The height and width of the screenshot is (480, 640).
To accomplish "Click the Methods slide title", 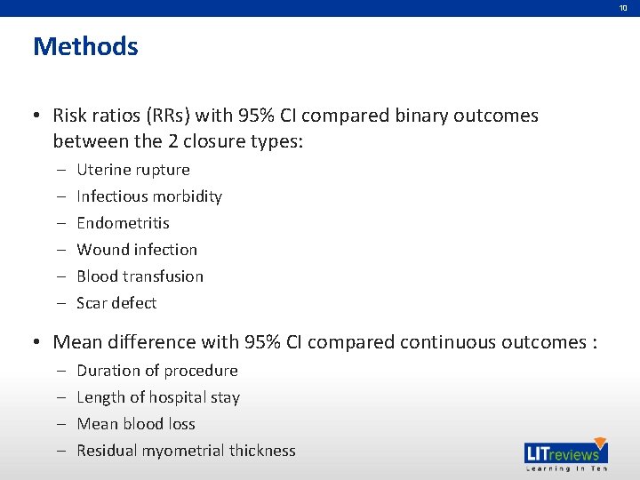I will [85, 46].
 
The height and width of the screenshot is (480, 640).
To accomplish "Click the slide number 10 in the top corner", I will [623, 7].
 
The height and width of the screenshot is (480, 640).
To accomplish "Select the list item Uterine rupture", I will [133, 170].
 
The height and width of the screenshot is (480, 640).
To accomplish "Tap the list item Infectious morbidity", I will [149, 196].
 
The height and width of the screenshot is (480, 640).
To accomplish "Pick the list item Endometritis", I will [123, 223].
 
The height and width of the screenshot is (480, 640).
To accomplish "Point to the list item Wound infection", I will [137, 250].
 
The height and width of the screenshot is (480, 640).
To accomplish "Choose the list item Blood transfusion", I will [140, 276].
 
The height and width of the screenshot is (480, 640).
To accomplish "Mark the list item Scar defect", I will [116, 303].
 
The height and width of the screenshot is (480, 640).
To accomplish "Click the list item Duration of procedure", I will [157, 371].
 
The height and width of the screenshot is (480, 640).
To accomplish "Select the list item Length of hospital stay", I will [158, 397].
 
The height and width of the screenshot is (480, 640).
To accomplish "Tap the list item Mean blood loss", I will [136, 424].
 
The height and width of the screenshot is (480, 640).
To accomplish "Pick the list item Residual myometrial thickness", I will [186, 451].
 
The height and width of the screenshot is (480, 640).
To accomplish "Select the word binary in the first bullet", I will [428, 116].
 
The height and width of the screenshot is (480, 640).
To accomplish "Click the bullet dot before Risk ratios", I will [39, 116].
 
